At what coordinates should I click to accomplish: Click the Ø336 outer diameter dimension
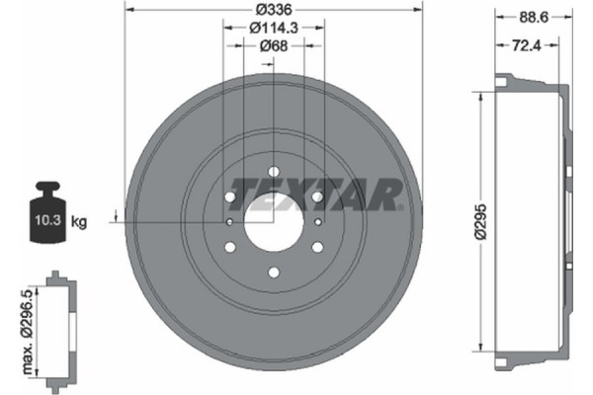274,9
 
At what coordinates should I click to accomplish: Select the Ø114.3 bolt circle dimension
274,27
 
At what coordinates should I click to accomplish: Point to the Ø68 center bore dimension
274,45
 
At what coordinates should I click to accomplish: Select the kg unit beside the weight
79,222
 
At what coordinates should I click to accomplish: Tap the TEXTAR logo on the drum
316,194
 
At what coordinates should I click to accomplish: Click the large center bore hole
274,221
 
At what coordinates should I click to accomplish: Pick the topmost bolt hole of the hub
274,172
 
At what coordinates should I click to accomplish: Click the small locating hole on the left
229,221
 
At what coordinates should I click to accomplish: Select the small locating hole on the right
318,221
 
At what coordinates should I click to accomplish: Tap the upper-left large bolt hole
231,197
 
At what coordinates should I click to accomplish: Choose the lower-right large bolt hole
316,246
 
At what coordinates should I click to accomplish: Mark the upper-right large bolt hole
316,197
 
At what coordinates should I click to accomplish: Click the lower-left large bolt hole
231,246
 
